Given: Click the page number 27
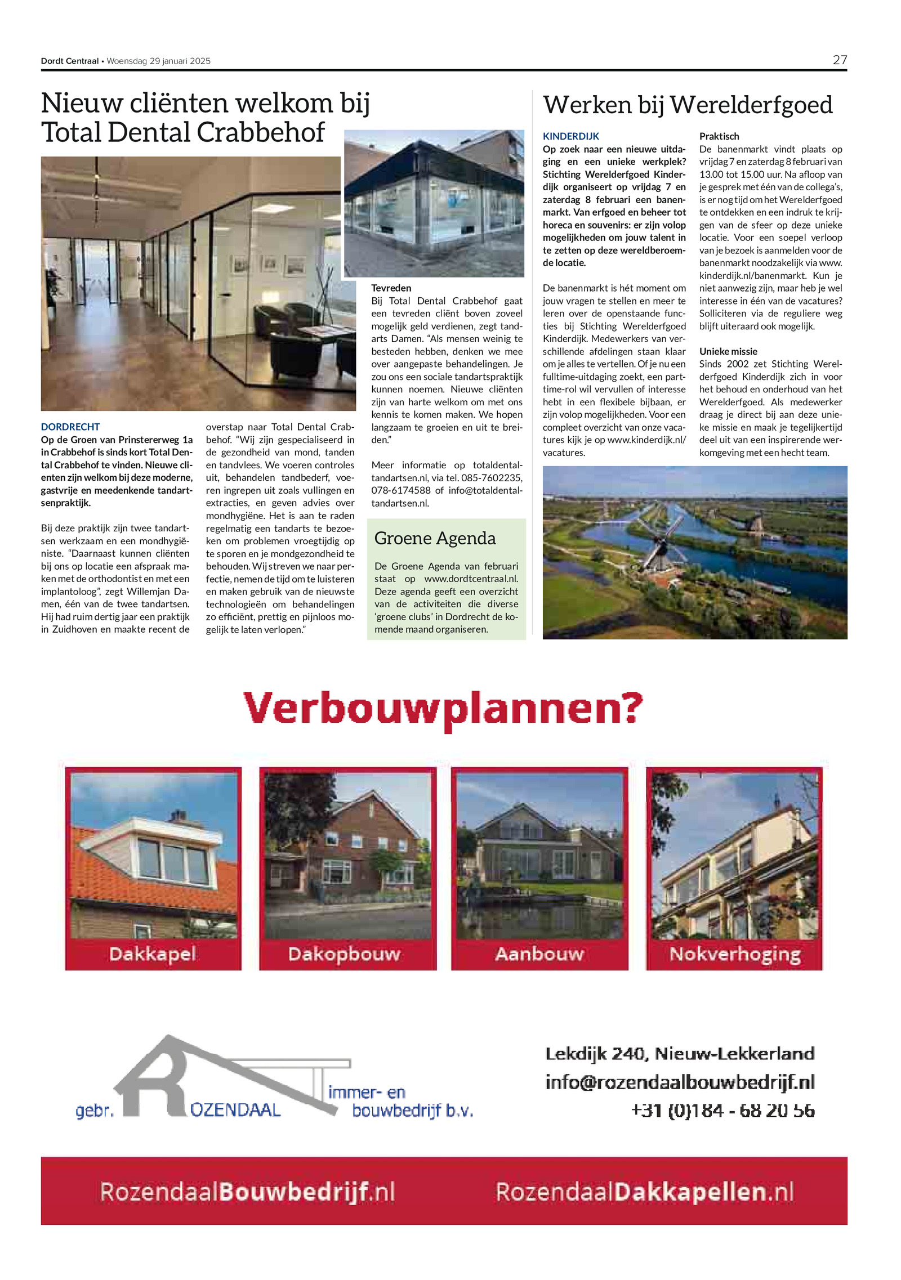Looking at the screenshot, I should pyautogui.click(x=839, y=60).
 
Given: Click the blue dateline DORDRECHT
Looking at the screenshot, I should pyautogui.click(x=70, y=427).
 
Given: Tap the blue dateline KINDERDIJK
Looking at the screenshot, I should pyautogui.click(x=570, y=136).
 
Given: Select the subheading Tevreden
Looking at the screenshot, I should pyautogui.click(x=391, y=288).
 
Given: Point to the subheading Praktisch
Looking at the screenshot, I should pyautogui.click(x=719, y=136).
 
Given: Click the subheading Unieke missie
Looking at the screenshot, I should pyautogui.click(x=728, y=351).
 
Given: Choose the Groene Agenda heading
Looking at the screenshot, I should pyautogui.click(x=435, y=539).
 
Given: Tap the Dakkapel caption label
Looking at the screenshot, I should pyautogui.click(x=153, y=954).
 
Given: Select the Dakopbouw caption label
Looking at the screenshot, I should pyautogui.click(x=344, y=954).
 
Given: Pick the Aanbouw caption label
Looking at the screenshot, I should pyautogui.click(x=539, y=954).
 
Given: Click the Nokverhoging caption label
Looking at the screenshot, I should pyautogui.click(x=735, y=954).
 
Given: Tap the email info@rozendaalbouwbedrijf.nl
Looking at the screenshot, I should pyautogui.click(x=680, y=1082).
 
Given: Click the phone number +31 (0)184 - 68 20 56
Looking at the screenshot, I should pyautogui.click(x=722, y=1111).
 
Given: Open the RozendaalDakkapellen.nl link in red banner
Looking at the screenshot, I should pyautogui.click(x=644, y=1192).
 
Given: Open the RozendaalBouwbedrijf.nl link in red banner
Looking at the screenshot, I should pyautogui.click(x=247, y=1192).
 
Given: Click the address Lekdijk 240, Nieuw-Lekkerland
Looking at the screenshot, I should pyautogui.click(x=680, y=1053).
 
